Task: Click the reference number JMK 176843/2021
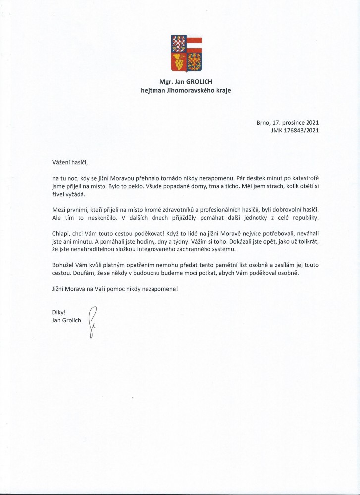(x=294, y=130)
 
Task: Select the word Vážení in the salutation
(x=62, y=161)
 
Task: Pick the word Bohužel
(x=63, y=265)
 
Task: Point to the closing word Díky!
(x=59, y=312)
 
